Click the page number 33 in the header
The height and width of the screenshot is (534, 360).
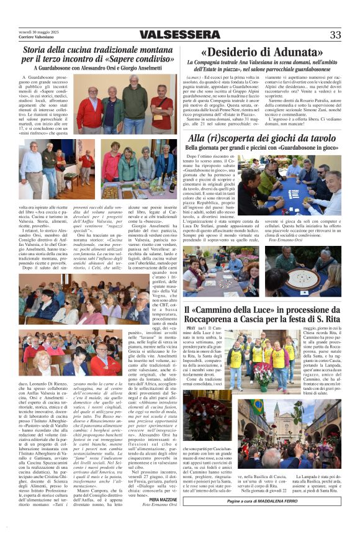(x=335, y=35)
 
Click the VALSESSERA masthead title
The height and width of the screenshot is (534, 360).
(x=180, y=35)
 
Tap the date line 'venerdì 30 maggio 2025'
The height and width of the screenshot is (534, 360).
(x=39, y=32)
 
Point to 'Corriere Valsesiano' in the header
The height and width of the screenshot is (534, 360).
(x=36, y=37)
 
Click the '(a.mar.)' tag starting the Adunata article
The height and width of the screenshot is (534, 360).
(x=196, y=76)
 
